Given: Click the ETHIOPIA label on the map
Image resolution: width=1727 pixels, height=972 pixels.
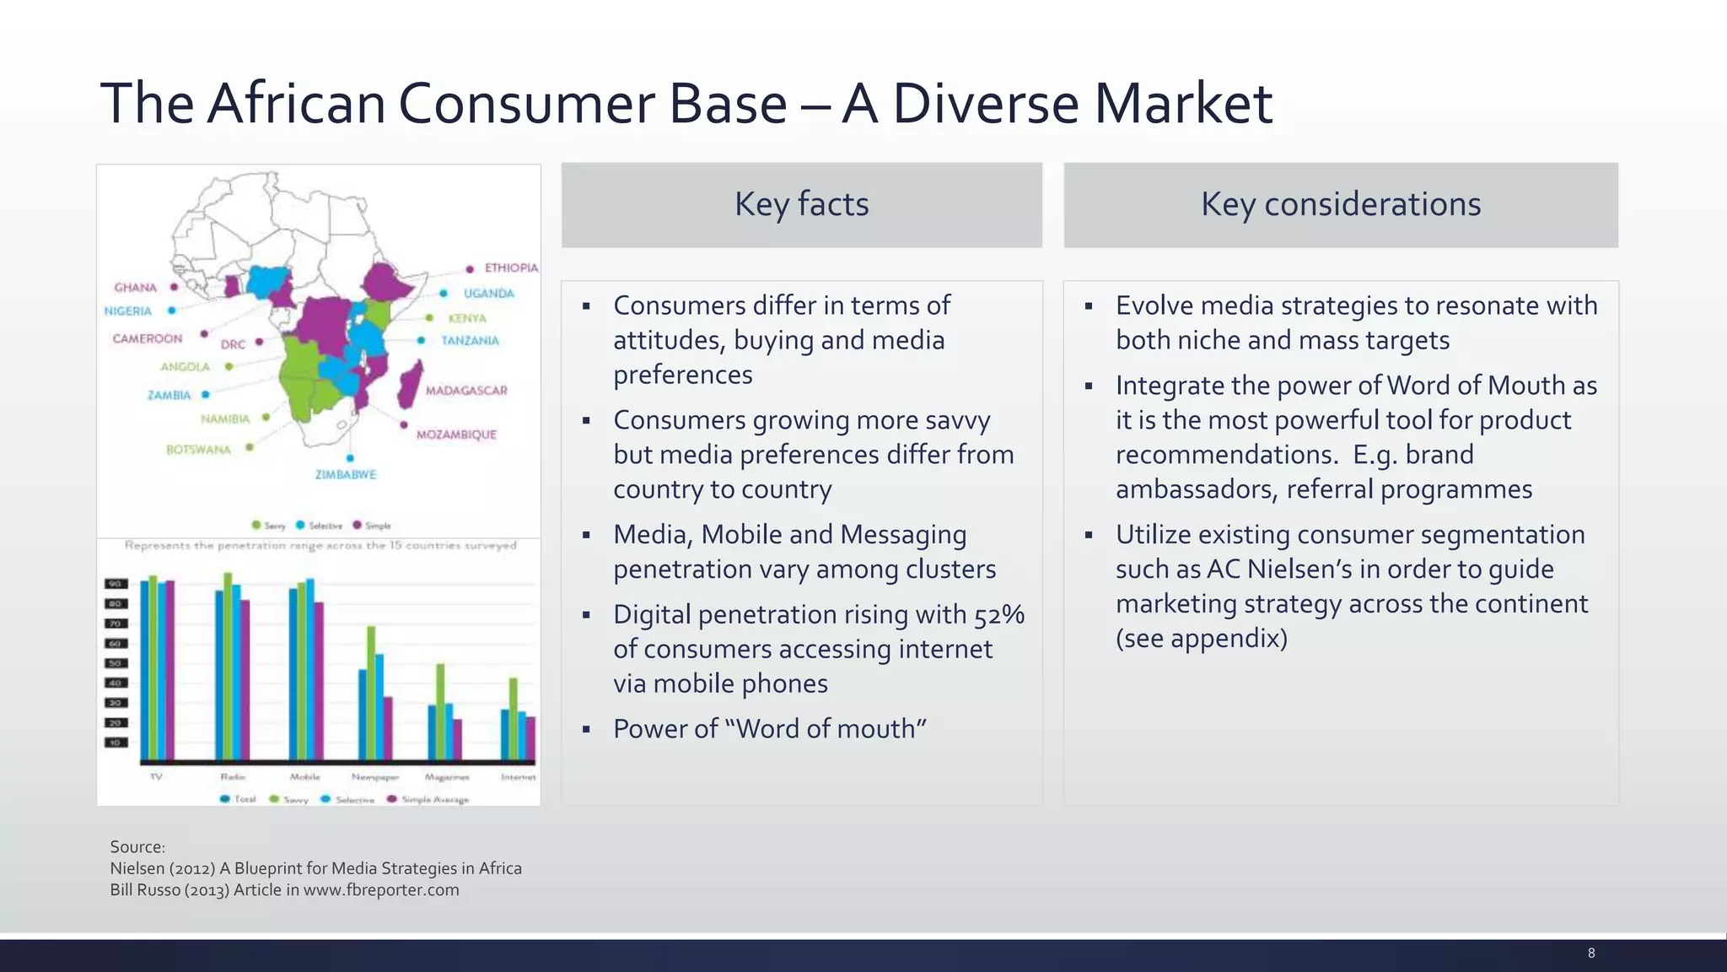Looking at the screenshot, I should (510, 267).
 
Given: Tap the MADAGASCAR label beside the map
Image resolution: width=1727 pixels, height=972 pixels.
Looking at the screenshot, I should (465, 391).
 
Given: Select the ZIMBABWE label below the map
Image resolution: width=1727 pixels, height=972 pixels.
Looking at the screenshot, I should (346, 474).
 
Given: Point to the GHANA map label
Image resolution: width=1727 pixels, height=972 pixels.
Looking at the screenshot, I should (136, 288).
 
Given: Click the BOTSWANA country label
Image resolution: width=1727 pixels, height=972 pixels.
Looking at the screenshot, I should (198, 450).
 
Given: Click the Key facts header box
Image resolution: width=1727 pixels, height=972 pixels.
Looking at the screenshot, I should (801, 205).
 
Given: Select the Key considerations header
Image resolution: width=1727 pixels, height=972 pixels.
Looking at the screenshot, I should (1340, 205).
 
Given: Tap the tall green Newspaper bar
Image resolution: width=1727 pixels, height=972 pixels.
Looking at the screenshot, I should (371, 692).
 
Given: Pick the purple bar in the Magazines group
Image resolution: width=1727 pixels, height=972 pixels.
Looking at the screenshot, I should (458, 739).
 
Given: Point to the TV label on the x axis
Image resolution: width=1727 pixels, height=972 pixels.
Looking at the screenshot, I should (156, 776).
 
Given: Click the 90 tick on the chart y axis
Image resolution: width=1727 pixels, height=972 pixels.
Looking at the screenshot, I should (116, 584).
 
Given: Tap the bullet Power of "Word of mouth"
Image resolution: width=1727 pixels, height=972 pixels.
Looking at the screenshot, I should (769, 729).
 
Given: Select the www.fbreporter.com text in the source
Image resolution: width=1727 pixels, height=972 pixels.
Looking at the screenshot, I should (381, 890).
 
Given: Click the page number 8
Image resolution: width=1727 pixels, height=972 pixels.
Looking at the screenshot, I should (1591, 953).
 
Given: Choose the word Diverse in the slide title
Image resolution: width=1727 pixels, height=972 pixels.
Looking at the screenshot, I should (985, 104).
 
